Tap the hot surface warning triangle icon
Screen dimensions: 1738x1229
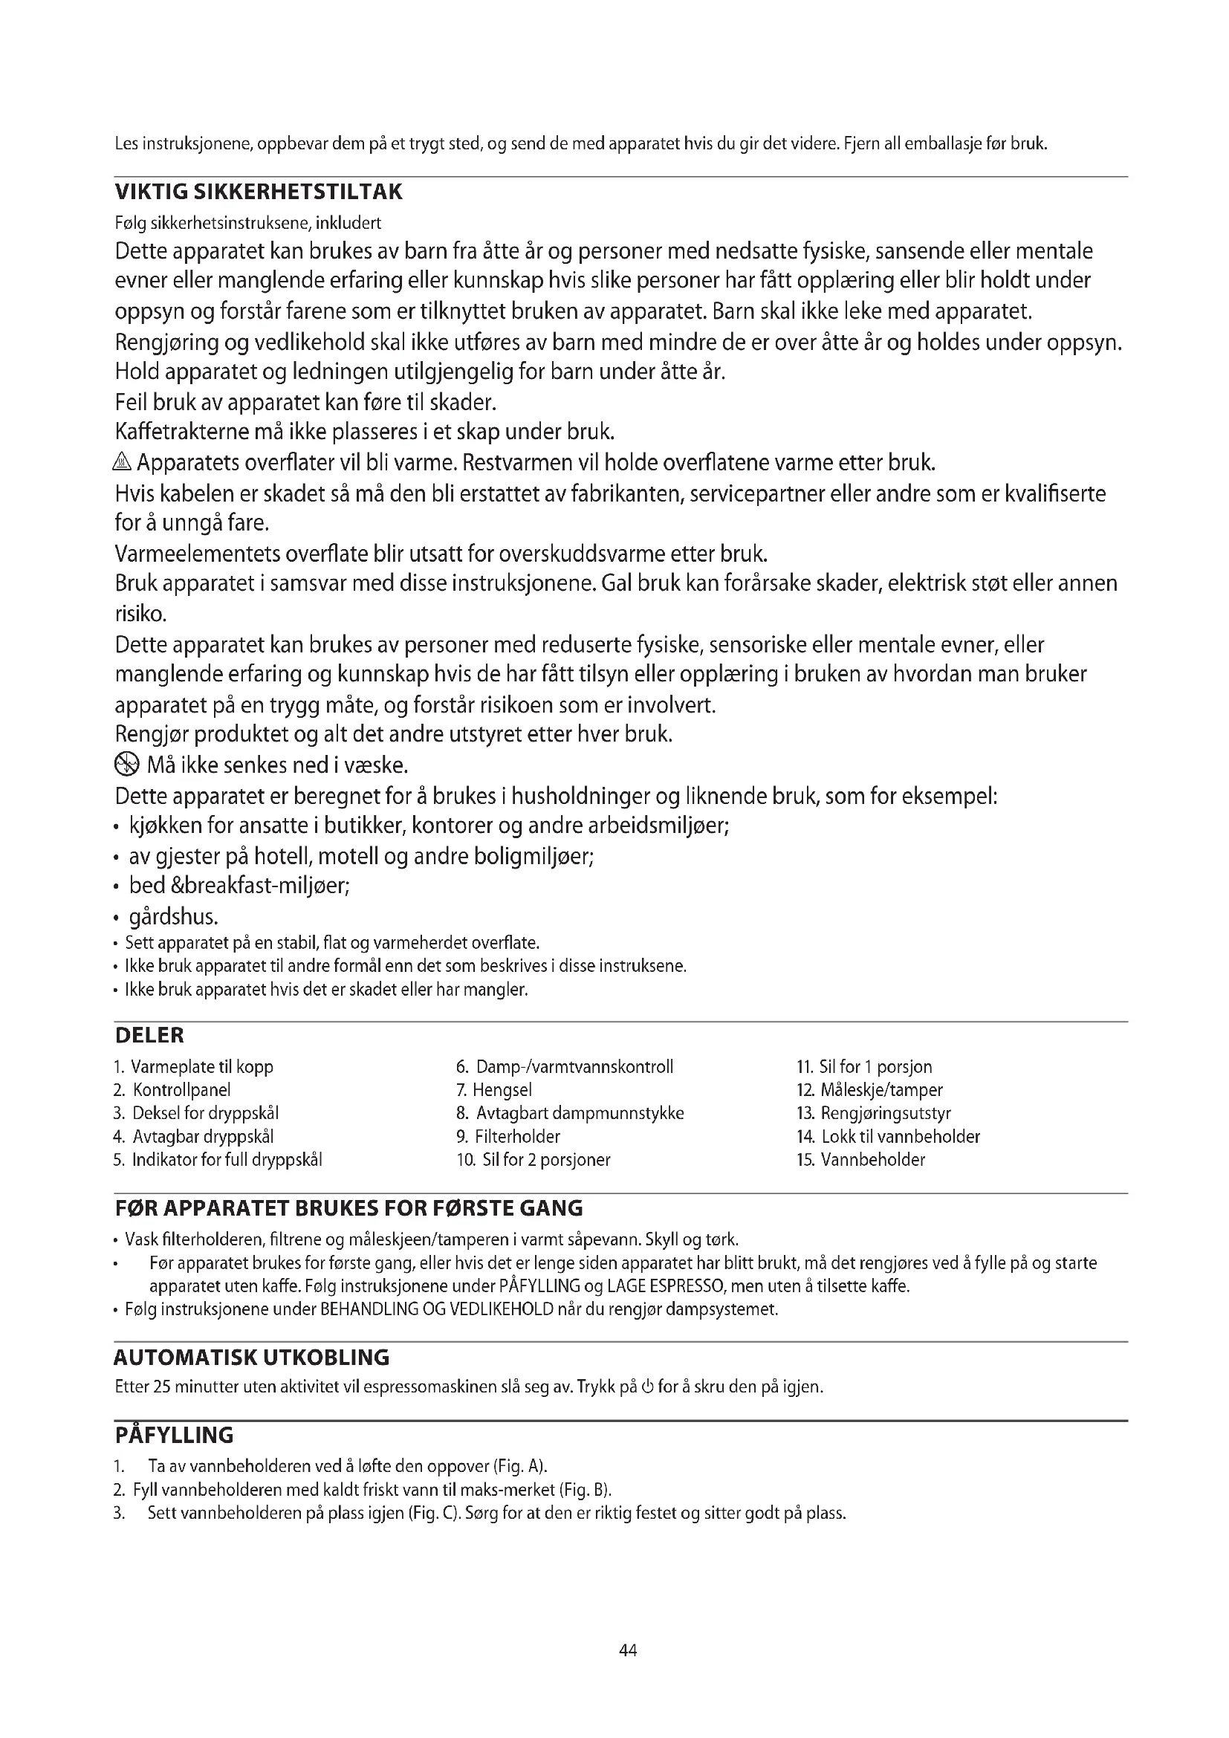coord(123,461)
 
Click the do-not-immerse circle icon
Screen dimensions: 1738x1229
coord(126,766)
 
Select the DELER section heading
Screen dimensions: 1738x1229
coord(149,1035)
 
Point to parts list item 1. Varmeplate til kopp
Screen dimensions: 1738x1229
coord(194,1066)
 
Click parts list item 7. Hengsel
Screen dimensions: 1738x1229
coord(494,1090)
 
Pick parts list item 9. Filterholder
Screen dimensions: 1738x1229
coord(508,1136)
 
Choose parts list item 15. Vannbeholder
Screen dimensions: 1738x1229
coord(860,1160)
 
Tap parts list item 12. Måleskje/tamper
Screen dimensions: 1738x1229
coord(869,1090)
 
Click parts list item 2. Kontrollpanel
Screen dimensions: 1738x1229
coord(172,1090)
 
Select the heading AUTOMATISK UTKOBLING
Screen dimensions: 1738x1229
coord(251,1358)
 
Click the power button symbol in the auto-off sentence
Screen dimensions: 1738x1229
coord(647,1387)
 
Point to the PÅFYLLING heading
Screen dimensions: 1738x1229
coord(174,1436)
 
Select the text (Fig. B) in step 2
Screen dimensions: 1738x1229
coord(583,1490)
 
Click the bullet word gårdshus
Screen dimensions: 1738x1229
coord(173,918)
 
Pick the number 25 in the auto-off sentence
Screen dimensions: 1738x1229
coord(162,1387)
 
